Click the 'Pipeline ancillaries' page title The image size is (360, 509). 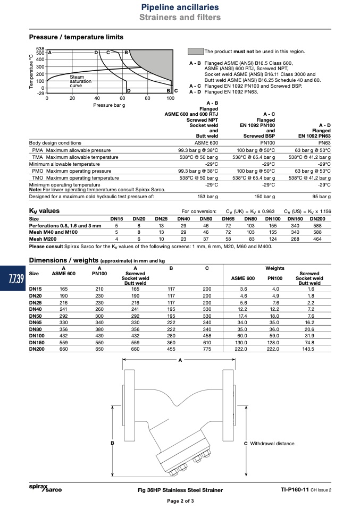180,7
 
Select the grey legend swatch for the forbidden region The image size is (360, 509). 195,52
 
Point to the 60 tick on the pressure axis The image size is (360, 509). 122,98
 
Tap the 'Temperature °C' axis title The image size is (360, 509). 31,71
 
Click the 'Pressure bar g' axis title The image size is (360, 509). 109,105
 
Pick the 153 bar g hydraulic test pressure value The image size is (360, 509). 207,197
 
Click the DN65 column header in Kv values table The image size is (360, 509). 228,219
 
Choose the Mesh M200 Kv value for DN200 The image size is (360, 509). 317,239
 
